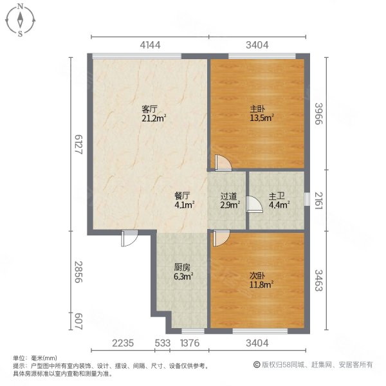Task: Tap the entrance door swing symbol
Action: click(x=129, y=239)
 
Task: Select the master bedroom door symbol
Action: click(x=223, y=163)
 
